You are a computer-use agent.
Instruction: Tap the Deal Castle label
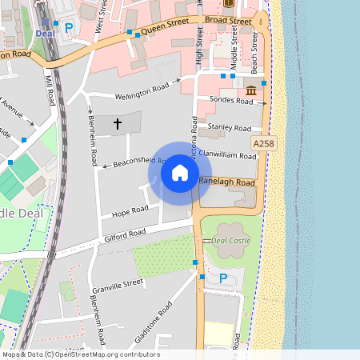tap(232, 240)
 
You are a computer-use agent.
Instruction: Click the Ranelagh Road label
tap(226, 182)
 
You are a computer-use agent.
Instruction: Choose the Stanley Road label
tap(230, 127)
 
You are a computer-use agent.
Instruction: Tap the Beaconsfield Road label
tap(138, 162)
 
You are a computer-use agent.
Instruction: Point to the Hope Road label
tap(130, 210)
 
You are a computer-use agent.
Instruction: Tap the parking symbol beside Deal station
tap(69, 27)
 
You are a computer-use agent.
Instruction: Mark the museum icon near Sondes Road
tap(251, 88)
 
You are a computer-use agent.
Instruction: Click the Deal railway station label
tap(44, 33)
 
